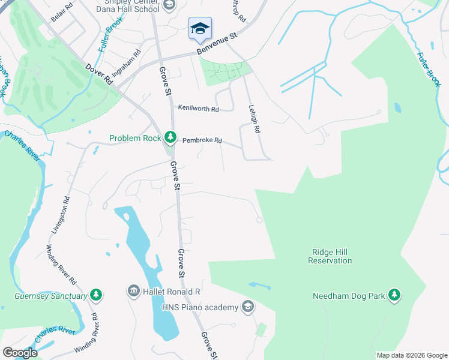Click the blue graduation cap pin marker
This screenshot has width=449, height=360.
pos(200,28)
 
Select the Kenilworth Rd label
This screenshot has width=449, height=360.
pos(198,109)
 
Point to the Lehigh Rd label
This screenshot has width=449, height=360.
pos(255,119)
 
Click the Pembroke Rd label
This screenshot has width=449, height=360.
pos(202,140)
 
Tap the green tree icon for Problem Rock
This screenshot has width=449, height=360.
pos(170,138)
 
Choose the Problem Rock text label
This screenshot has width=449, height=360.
pos(135,139)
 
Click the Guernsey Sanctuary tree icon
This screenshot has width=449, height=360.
pos(95,295)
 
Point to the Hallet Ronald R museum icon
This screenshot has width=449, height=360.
pos(133,292)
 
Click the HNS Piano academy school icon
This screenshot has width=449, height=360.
pos(247,308)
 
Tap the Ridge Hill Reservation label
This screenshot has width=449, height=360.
pos(330,257)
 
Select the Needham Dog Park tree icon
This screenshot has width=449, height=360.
pos(394,295)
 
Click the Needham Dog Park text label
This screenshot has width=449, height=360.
pos(348,295)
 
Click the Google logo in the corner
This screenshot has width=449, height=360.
pos(19,353)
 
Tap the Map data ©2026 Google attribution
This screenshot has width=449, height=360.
pos(412,355)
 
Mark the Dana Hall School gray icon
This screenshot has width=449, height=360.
pos(169,6)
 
